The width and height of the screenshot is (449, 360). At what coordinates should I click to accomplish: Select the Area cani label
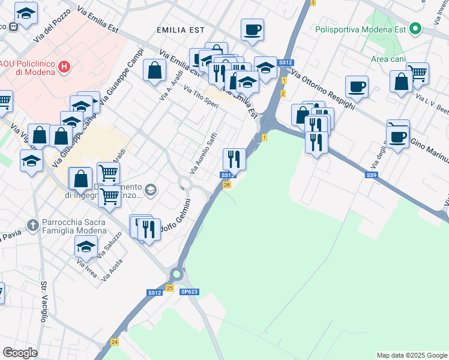point(387,59)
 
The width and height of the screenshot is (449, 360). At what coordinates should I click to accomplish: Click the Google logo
point(20,353)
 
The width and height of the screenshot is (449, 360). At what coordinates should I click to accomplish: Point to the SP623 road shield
point(188,292)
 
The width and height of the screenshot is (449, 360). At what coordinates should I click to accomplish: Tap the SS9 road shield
point(372,175)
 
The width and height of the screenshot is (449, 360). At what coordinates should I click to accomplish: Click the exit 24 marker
point(114,341)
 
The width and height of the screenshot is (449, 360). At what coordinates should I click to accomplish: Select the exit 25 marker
point(170,289)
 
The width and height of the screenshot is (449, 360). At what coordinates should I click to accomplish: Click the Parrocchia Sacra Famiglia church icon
point(33,226)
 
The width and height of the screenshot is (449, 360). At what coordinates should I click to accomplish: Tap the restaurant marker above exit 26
point(234,159)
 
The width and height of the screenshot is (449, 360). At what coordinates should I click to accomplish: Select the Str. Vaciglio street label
point(43,302)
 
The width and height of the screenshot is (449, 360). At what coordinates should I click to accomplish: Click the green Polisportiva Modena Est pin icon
point(415,28)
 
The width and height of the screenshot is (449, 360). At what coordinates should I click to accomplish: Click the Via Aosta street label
point(112,269)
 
